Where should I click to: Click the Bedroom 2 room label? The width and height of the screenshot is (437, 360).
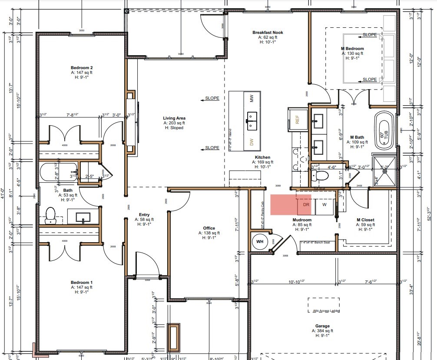[x=82, y=68]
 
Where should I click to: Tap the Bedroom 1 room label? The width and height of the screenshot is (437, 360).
[x=82, y=283]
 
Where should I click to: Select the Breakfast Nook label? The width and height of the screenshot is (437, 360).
[x=268, y=33]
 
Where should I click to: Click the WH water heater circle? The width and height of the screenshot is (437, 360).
[x=260, y=241]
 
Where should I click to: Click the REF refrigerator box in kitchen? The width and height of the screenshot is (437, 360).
[x=298, y=120]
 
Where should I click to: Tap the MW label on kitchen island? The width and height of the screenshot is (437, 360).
[x=252, y=99]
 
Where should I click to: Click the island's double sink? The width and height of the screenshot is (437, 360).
[x=252, y=121]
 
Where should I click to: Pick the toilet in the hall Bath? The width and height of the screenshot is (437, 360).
[x=50, y=215]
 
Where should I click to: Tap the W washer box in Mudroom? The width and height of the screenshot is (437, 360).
[x=324, y=205]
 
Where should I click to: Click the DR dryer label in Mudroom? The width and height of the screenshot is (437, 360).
[x=306, y=205]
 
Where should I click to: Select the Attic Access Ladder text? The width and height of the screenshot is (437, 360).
[x=326, y=311]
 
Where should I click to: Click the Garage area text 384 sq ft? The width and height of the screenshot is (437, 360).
[x=322, y=331]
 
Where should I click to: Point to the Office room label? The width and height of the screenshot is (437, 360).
[x=209, y=228]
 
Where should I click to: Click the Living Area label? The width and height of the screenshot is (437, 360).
[x=174, y=118]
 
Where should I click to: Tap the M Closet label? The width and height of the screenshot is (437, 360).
[x=365, y=220]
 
